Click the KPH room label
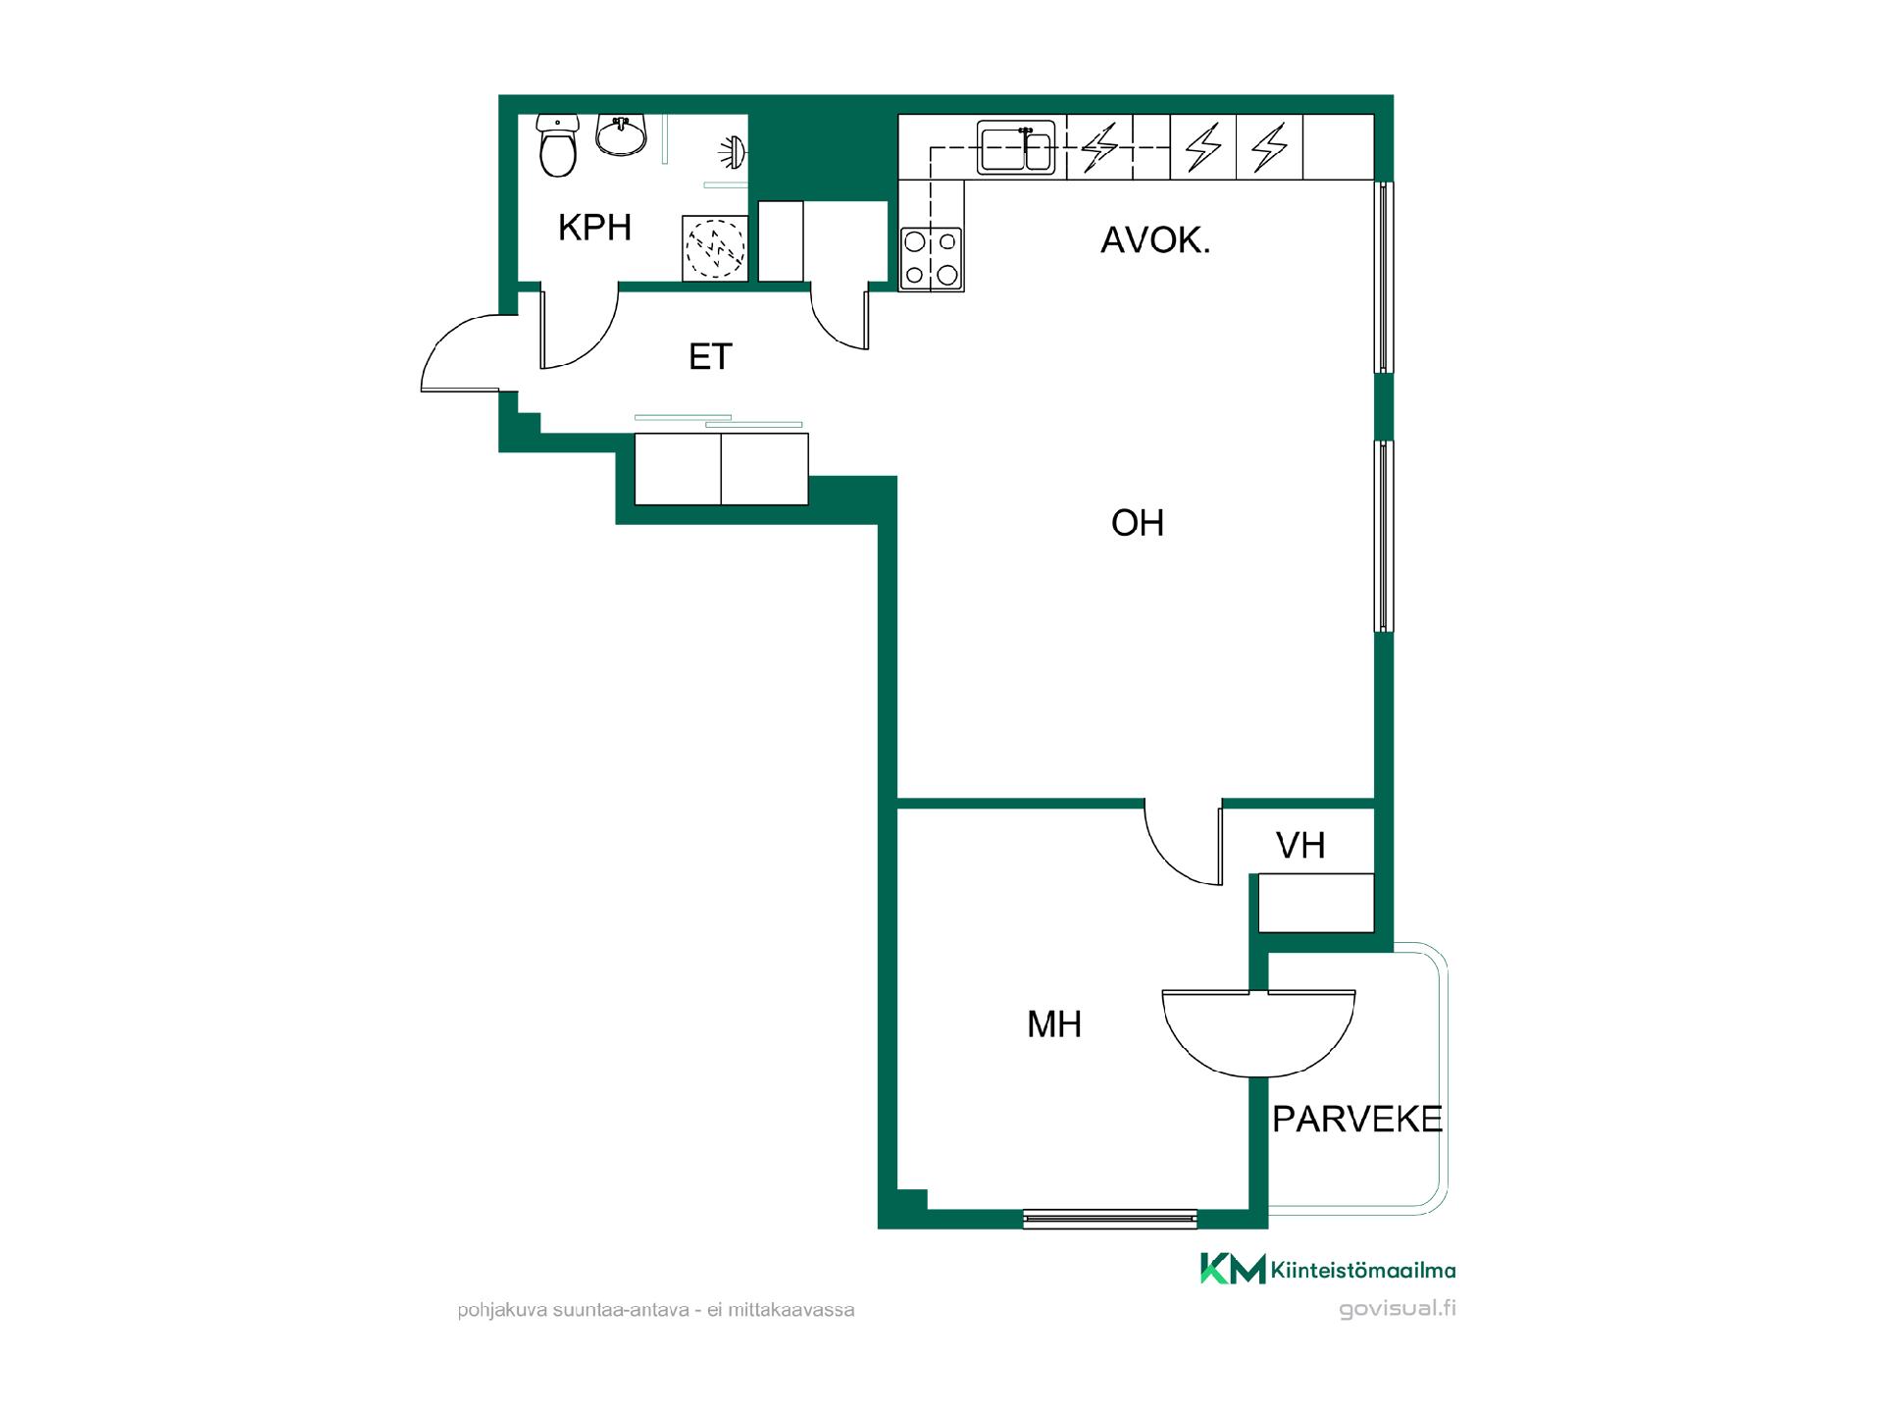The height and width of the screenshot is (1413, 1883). point(594,228)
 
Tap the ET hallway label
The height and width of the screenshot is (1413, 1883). point(710,357)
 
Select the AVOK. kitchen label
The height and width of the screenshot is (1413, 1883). point(1155,240)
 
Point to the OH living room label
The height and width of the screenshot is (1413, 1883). point(1138,523)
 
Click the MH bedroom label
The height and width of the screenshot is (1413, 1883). point(1054,1024)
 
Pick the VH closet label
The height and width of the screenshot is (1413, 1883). point(1300,845)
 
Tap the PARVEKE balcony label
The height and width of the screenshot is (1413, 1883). point(1357,1120)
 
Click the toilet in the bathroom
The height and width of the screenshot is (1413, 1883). point(558,145)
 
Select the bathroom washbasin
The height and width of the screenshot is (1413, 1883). point(622,136)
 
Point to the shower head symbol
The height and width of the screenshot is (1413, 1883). point(734,150)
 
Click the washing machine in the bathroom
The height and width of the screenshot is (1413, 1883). point(715,248)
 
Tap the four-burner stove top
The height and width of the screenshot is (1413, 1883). point(932,259)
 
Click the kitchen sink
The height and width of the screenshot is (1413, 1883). point(1016,148)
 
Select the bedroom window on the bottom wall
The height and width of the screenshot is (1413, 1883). point(1110,1219)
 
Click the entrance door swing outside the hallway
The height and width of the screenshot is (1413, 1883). point(461,353)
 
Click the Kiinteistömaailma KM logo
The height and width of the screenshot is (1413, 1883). point(1329,1269)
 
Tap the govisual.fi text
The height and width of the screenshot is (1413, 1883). point(1398,1309)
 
